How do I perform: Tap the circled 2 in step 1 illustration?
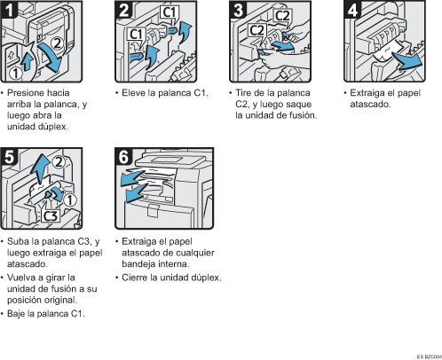(x=55, y=41)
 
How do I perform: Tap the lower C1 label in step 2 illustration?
(x=137, y=34)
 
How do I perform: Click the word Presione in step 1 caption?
(x=26, y=92)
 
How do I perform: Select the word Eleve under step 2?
(x=131, y=92)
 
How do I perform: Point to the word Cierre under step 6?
(x=135, y=278)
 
